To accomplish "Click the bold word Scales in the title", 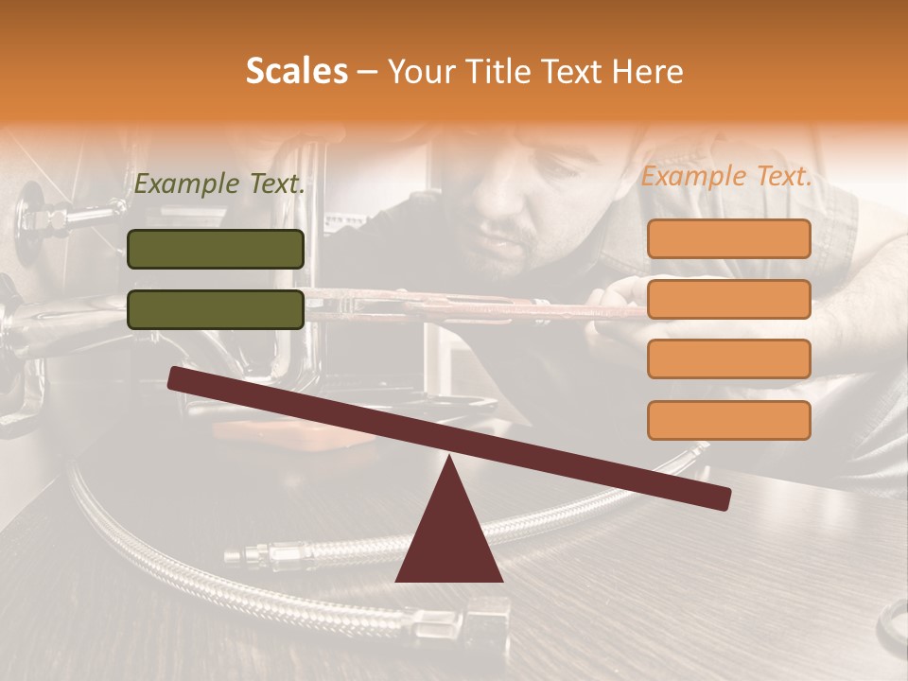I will click(296, 72).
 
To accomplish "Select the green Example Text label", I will click(219, 184).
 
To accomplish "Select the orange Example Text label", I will click(726, 176).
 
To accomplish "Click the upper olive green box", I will click(216, 249).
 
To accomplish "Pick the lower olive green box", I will click(216, 309).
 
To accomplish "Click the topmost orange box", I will click(728, 238).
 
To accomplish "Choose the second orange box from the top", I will click(728, 299).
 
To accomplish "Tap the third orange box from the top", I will click(728, 358).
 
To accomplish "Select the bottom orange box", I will click(728, 420).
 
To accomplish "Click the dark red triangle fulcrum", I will click(449, 534).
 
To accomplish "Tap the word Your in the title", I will click(423, 72).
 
